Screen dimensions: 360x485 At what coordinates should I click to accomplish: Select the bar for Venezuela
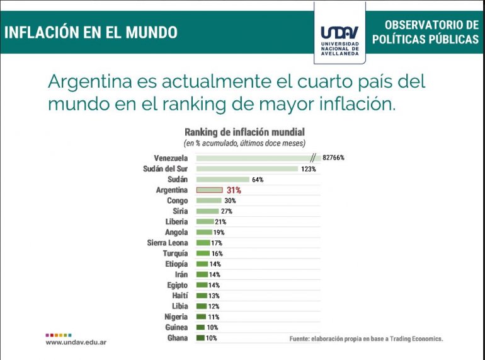pos(252,158)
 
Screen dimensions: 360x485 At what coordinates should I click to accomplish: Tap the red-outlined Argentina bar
pos(209,190)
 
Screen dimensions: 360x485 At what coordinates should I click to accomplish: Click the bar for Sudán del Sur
pos(247,168)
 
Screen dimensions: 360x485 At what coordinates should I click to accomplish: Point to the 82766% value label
pos(334,158)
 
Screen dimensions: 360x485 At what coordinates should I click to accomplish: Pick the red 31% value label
pos(234,190)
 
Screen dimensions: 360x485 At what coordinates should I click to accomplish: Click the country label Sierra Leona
pos(167,243)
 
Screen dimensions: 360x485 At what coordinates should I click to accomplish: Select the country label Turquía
pos(175,253)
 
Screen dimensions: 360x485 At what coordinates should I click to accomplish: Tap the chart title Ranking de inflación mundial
pos(244,132)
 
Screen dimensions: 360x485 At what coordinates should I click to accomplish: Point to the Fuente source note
pos(366,339)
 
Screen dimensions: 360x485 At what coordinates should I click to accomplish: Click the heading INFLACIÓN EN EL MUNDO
pos(91,32)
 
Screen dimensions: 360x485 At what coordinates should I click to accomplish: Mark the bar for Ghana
pos(201,338)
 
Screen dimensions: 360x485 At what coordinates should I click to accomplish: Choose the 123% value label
pos(308,168)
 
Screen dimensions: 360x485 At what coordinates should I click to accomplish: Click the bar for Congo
pos(209,200)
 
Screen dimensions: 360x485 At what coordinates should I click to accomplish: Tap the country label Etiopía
pos(176,264)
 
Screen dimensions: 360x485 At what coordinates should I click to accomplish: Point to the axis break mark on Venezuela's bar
pos(312,158)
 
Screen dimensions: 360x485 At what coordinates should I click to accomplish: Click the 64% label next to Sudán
pos(257,179)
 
